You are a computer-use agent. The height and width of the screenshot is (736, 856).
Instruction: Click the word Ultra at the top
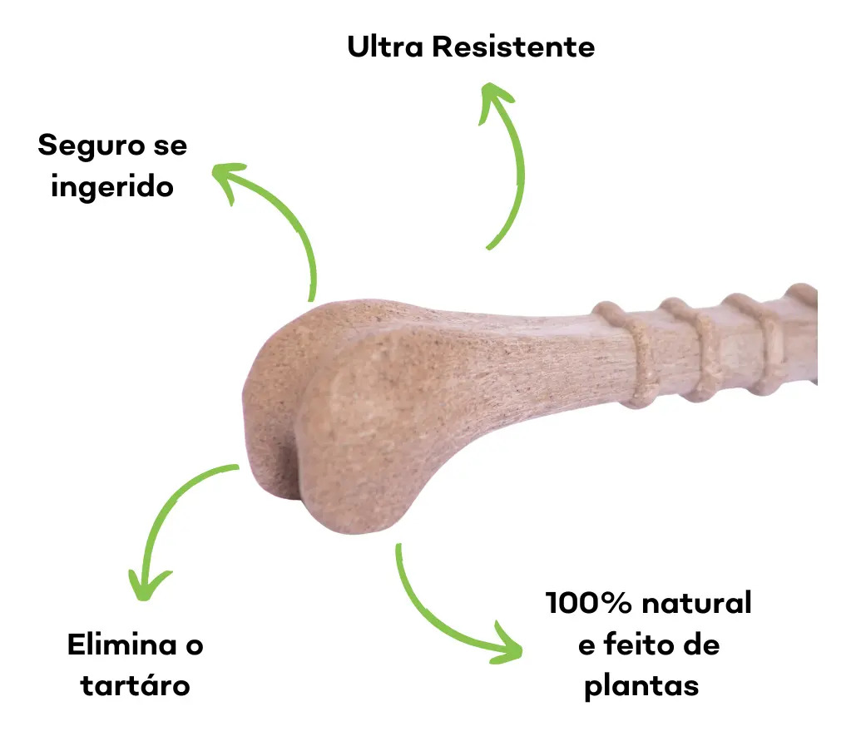pyautogui.click(x=385, y=47)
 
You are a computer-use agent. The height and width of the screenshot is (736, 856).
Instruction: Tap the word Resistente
pyautogui.click(x=514, y=47)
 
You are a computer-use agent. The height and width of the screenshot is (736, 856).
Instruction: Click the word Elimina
pyautogui.click(x=122, y=645)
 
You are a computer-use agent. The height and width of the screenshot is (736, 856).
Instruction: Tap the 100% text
pyautogui.click(x=588, y=603)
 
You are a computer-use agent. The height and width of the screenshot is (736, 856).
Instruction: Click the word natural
pyautogui.click(x=697, y=603)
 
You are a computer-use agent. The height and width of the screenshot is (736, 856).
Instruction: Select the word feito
pyautogui.click(x=639, y=645)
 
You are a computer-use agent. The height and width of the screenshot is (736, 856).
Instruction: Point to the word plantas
pyautogui.click(x=641, y=687)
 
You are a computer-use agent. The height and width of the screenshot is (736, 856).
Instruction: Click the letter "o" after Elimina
pyautogui.click(x=195, y=646)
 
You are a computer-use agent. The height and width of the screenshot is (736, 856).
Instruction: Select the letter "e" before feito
pyautogui.click(x=586, y=646)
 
